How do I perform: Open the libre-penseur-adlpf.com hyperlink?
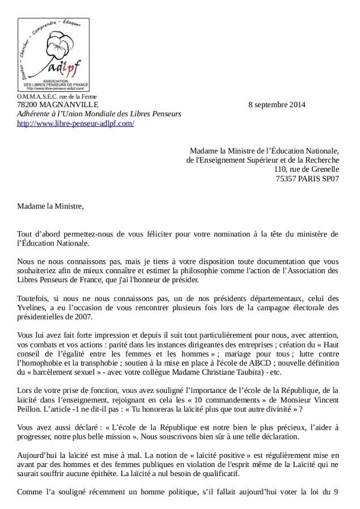tap(75, 123)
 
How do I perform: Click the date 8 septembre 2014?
tap(277, 104)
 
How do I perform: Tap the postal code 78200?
tap(27, 104)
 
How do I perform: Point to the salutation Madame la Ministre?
tap(50, 205)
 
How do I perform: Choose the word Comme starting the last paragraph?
tap(29, 491)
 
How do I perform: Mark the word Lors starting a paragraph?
tap(24, 390)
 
